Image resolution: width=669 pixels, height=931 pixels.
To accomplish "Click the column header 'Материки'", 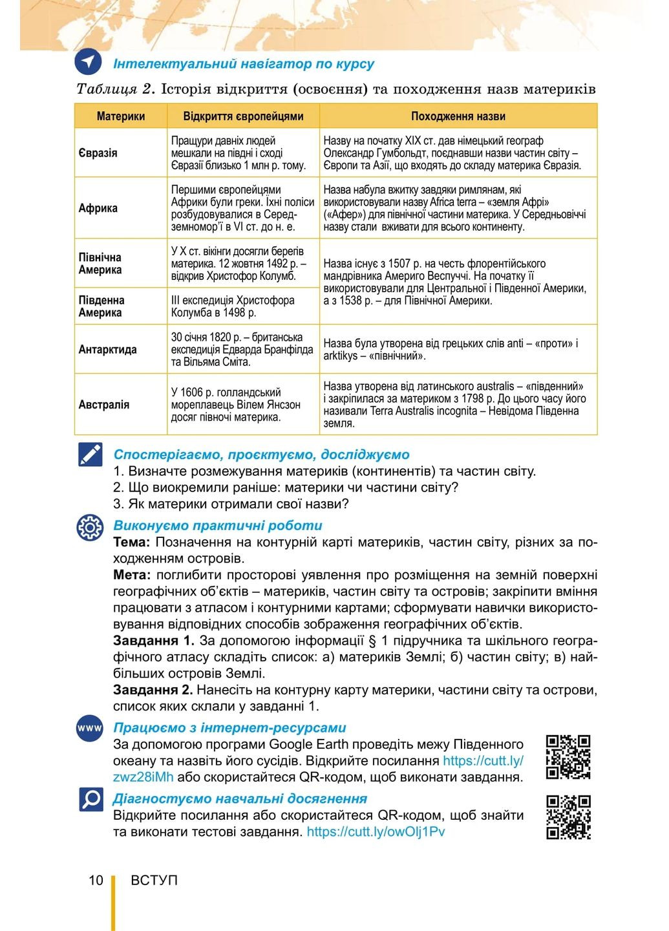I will pyautogui.click(x=121, y=116).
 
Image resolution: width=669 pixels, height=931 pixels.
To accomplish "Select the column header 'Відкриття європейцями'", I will pyautogui.click(x=243, y=116).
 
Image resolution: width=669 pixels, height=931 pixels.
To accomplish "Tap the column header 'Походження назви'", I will pyautogui.click(x=458, y=116).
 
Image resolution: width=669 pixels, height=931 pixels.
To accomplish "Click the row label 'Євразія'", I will pyautogui.click(x=98, y=153).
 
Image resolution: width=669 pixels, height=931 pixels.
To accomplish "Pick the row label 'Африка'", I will pyautogui.click(x=98, y=208).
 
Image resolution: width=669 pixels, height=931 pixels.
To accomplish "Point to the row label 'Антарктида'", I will pyautogui.click(x=108, y=350).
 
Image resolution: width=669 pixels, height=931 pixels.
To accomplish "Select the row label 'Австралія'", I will pyautogui.click(x=104, y=405).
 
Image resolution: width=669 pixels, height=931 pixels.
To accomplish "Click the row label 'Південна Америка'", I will pyautogui.click(x=101, y=306).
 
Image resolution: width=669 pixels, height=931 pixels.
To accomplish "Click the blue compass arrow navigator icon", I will pyautogui.click(x=89, y=63).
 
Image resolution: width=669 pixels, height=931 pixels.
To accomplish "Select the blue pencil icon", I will pyautogui.click(x=90, y=455).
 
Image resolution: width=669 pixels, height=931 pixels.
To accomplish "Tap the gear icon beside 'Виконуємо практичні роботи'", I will pyautogui.click(x=90, y=527).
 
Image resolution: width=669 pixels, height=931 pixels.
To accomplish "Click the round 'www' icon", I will pyautogui.click(x=90, y=728).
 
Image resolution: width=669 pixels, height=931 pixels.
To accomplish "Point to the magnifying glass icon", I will pyautogui.click(x=91, y=800).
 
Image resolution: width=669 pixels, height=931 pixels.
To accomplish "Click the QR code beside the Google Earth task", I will pyautogui.click(x=568, y=756).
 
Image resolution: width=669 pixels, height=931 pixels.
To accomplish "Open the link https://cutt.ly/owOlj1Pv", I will pyautogui.click(x=376, y=832).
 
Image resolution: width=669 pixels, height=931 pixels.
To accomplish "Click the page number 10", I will pyautogui.click(x=96, y=881).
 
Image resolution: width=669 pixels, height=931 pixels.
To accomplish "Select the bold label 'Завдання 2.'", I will pyautogui.click(x=153, y=690).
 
